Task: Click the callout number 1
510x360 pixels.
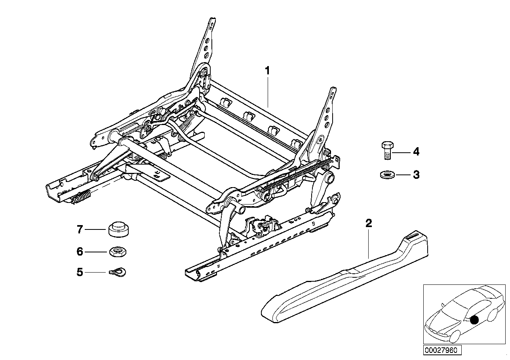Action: (268, 71)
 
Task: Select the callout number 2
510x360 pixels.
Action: (368, 224)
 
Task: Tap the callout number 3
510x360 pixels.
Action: (416, 175)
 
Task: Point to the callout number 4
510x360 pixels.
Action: (416, 152)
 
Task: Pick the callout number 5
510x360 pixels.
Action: (80, 273)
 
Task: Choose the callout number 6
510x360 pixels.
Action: (80, 251)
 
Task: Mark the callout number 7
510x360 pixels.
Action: (80, 229)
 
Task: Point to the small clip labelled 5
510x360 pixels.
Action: (118, 271)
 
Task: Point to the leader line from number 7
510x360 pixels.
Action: (97, 229)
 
